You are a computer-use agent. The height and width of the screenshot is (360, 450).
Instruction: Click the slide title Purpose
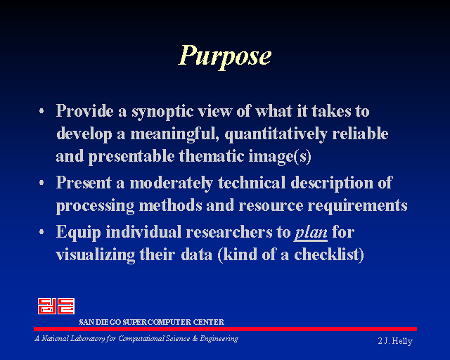tap(225, 56)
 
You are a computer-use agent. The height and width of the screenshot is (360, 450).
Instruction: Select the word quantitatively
tap(276, 134)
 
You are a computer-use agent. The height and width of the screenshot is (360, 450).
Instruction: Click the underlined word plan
tap(311, 233)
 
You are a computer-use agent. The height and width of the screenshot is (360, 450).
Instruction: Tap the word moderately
tap(171, 184)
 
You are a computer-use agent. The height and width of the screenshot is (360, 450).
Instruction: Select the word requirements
tap(357, 206)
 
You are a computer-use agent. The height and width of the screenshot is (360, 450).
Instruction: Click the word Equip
tap(78, 233)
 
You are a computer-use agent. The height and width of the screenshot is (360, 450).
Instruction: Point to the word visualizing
tap(96, 255)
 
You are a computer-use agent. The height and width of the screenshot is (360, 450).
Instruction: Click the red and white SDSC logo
tap(56, 306)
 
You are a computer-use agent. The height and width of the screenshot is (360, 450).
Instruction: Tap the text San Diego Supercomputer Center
tap(152, 322)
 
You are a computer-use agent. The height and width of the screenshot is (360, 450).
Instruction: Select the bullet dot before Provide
tap(42, 111)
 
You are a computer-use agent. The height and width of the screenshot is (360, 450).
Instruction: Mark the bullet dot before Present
tap(42, 183)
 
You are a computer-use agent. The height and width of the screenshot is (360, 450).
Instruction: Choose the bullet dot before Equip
tap(42, 231)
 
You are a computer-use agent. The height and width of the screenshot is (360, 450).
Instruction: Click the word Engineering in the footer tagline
tap(219, 339)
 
